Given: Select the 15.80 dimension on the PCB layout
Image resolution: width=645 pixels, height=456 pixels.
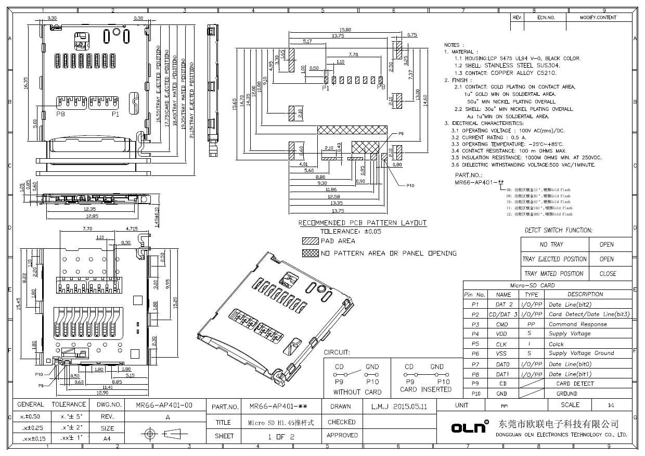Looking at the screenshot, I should tap(345, 30).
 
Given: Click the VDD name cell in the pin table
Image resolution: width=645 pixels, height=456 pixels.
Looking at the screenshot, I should tap(501, 334).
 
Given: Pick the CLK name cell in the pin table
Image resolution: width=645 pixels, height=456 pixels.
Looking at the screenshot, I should tap(501, 344).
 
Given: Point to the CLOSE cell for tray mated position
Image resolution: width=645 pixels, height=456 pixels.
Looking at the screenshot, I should tap(608, 273).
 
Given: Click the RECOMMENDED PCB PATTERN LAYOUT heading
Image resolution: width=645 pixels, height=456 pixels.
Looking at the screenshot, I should tap(362, 223).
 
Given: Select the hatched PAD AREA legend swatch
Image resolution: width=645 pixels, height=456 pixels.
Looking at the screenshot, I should tap(310, 241).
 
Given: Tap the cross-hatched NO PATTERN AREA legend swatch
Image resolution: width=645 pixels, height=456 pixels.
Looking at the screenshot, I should tap(310, 254).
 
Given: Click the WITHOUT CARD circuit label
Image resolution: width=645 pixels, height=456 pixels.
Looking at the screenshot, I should tap(357, 392).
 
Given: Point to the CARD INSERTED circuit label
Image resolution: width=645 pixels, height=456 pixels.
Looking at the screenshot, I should tap(423, 389).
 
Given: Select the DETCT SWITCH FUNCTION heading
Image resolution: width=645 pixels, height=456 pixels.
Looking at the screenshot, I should tap(558, 230).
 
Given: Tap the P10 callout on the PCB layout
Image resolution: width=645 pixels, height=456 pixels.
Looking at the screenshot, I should tap(410, 185).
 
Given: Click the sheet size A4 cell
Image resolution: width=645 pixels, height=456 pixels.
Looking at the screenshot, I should tap(107, 439).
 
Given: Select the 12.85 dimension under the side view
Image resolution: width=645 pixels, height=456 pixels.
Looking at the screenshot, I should tap(92, 216).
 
